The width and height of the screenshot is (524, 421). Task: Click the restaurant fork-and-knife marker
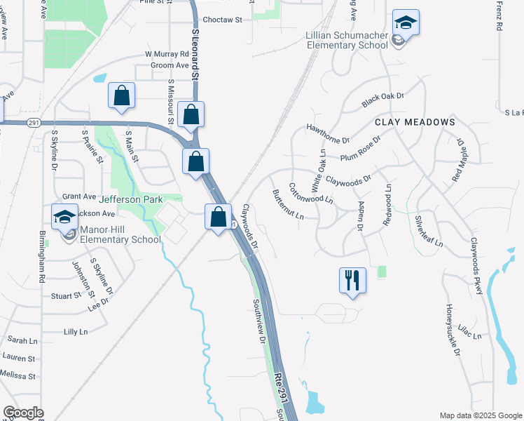(x=352, y=280)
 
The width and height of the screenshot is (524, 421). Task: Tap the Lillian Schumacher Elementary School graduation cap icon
(x=406, y=22)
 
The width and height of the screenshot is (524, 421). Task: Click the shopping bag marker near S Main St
(x=122, y=97)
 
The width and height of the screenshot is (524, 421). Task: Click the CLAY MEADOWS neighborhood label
(x=415, y=122)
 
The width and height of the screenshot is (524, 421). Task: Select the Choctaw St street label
(x=222, y=20)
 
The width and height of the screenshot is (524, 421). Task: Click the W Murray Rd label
(x=167, y=54)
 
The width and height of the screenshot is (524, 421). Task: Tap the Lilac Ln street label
(x=469, y=330)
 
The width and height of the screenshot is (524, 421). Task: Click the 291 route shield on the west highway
(x=34, y=122)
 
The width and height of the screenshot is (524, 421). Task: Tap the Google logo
(x=23, y=413)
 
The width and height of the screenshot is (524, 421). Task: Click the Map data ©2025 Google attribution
(x=480, y=415)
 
